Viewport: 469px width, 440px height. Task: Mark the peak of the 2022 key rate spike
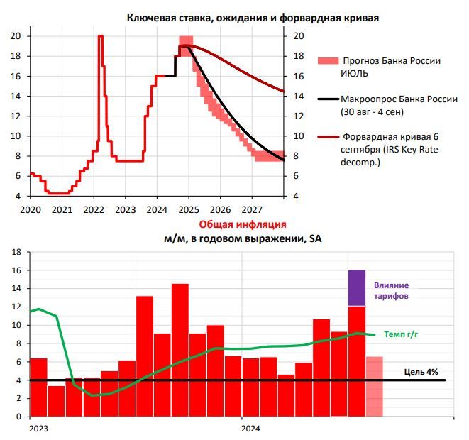click(x=100, y=36)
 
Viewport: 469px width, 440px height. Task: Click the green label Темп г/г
click(x=402, y=333)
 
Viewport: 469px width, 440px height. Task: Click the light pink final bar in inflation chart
click(x=374, y=387)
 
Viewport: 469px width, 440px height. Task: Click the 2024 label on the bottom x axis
click(x=250, y=429)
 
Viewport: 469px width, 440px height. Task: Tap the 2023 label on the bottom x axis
click(x=38, y=429)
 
